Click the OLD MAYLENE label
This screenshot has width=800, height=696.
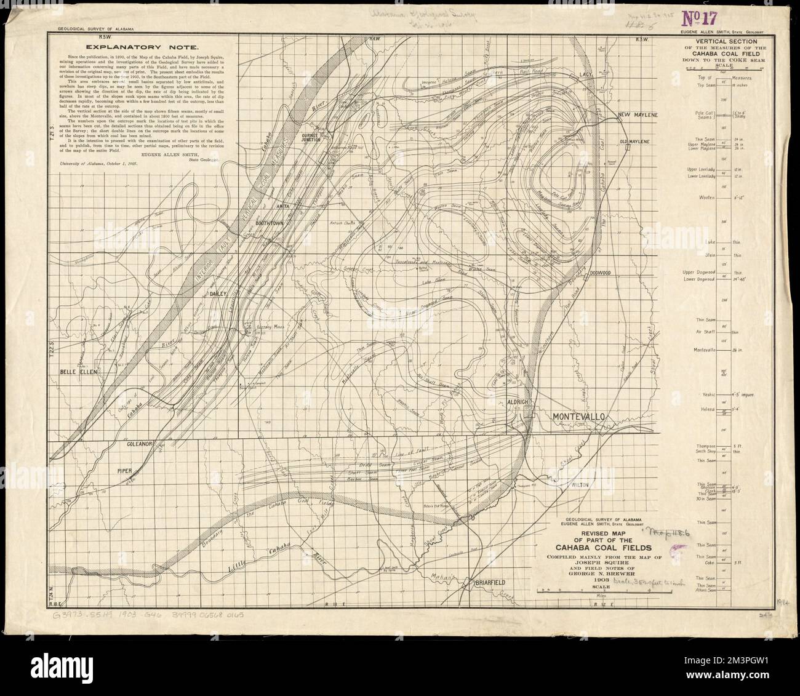pyautogui.click(x=634, y=142)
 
